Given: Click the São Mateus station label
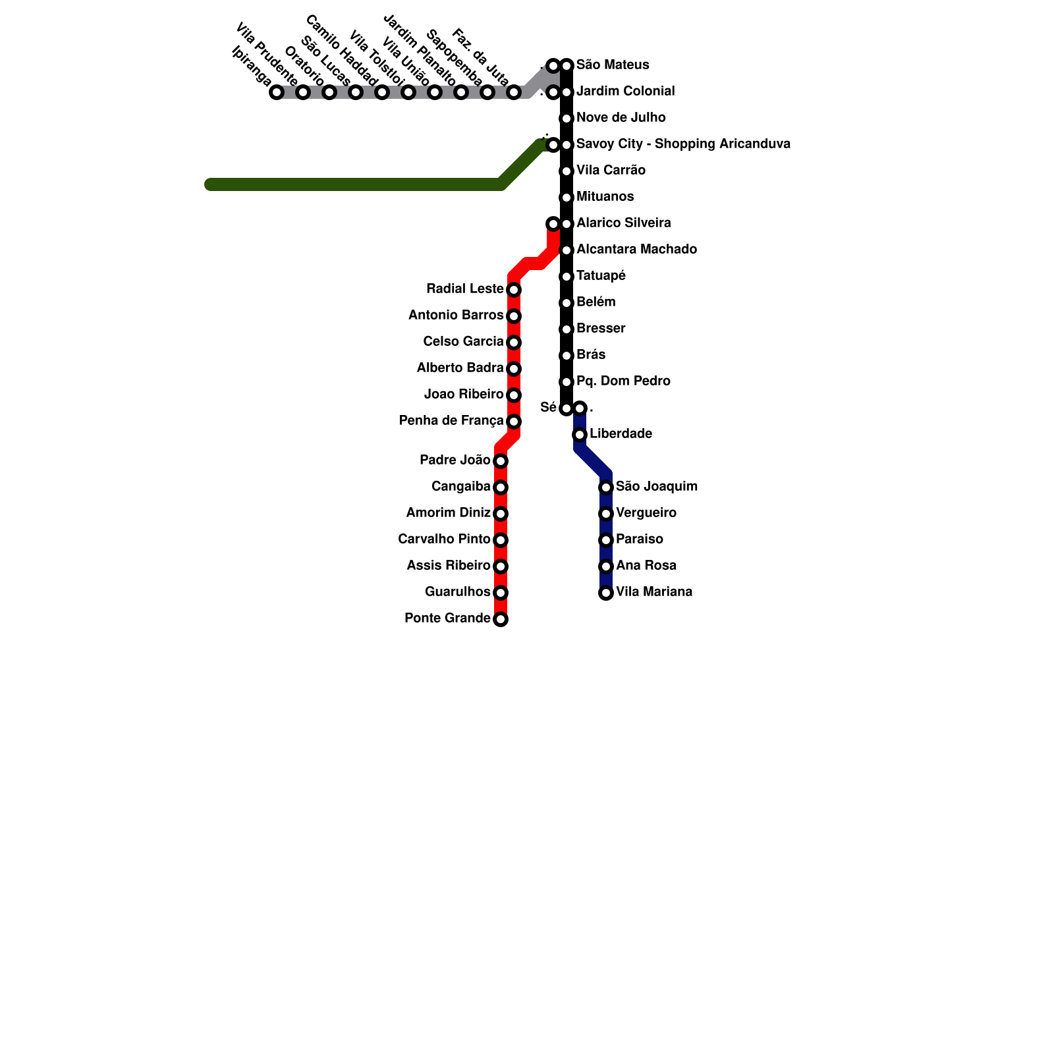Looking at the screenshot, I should point(612,65).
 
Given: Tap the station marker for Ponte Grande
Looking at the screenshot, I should point(501,619).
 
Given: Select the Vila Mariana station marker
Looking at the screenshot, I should point(606,593).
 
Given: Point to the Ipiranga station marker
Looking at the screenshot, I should point(277,92).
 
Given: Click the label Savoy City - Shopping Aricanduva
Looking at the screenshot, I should point(683,144).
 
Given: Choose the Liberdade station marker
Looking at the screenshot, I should point(580,435).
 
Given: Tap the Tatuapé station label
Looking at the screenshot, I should point(601,276).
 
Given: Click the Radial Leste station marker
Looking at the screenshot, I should point(514,290).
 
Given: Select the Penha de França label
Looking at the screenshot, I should point(451,421).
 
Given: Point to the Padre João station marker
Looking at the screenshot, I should point(501,461).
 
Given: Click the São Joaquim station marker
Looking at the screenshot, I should point(606,487).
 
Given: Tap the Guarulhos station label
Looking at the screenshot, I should point(457,592).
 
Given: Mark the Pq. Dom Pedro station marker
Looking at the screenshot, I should point(567,382).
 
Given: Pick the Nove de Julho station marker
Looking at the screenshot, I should point(567,119).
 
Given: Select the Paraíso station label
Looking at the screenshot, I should point(639,540).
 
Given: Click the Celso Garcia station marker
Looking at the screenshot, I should point(514,343).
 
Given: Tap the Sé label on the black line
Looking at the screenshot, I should point(548,408).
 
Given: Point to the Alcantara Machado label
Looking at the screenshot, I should point(636,250).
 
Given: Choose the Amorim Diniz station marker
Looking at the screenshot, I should point(501,514).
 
